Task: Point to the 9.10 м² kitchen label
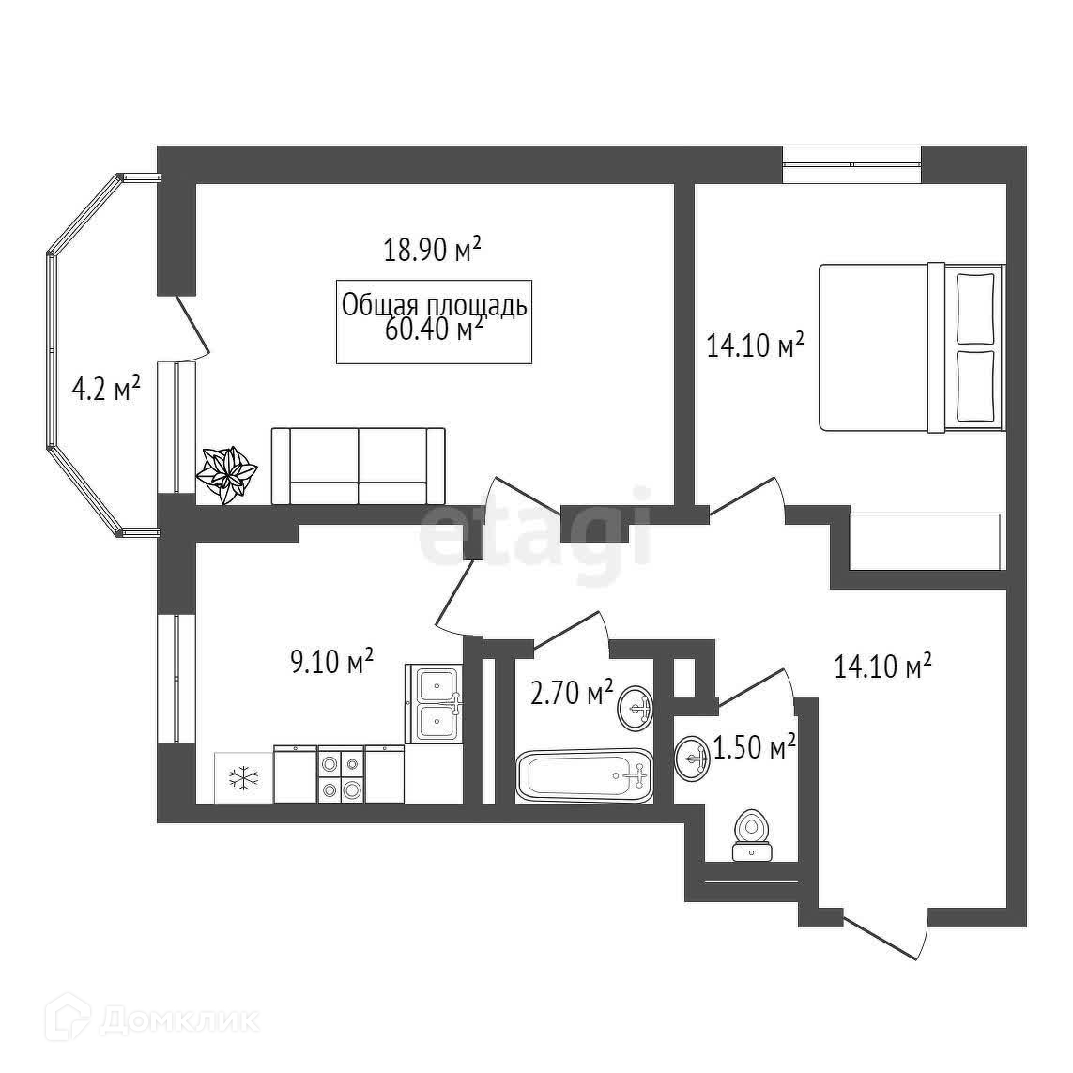coord(332,662)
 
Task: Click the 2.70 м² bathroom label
coord(572,694)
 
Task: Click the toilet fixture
coord(751,835)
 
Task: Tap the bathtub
coord(585,775)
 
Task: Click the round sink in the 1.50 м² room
coord(692,756)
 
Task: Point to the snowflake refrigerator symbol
coord(244,777)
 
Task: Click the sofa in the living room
coord(358,467)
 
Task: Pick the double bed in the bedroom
coord(911,348)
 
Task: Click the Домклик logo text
coord(178,1019)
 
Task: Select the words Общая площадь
coord(435,304)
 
